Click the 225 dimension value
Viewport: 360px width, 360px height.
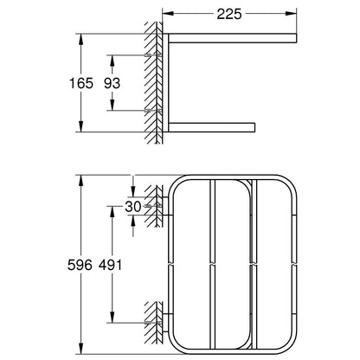coord(229,14)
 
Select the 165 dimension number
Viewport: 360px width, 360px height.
coord(81,83)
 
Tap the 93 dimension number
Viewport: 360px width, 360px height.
coord(112,83)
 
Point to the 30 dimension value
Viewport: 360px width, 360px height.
coord(133,207)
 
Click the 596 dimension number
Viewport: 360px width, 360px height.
coord(80,265)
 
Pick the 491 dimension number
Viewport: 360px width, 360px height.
coord(110,265)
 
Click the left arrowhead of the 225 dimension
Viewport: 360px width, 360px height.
coord(168,14)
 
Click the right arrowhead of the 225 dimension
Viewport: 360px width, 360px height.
coord(291,14)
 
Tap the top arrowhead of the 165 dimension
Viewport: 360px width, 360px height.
coord(81,40)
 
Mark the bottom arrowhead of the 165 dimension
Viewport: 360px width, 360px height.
coord(81,126)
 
